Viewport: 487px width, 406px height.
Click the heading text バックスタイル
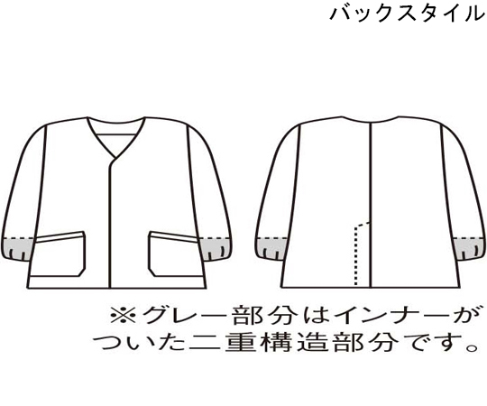(408, 14)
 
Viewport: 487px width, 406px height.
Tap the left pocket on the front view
(58, 254)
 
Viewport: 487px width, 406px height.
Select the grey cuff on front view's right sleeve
(216, 248)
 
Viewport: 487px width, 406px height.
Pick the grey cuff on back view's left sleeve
(271, 248)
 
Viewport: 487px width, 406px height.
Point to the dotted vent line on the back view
(356, 254)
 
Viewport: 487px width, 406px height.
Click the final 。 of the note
(473, 348)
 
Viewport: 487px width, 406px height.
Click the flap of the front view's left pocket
(60, 237)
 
